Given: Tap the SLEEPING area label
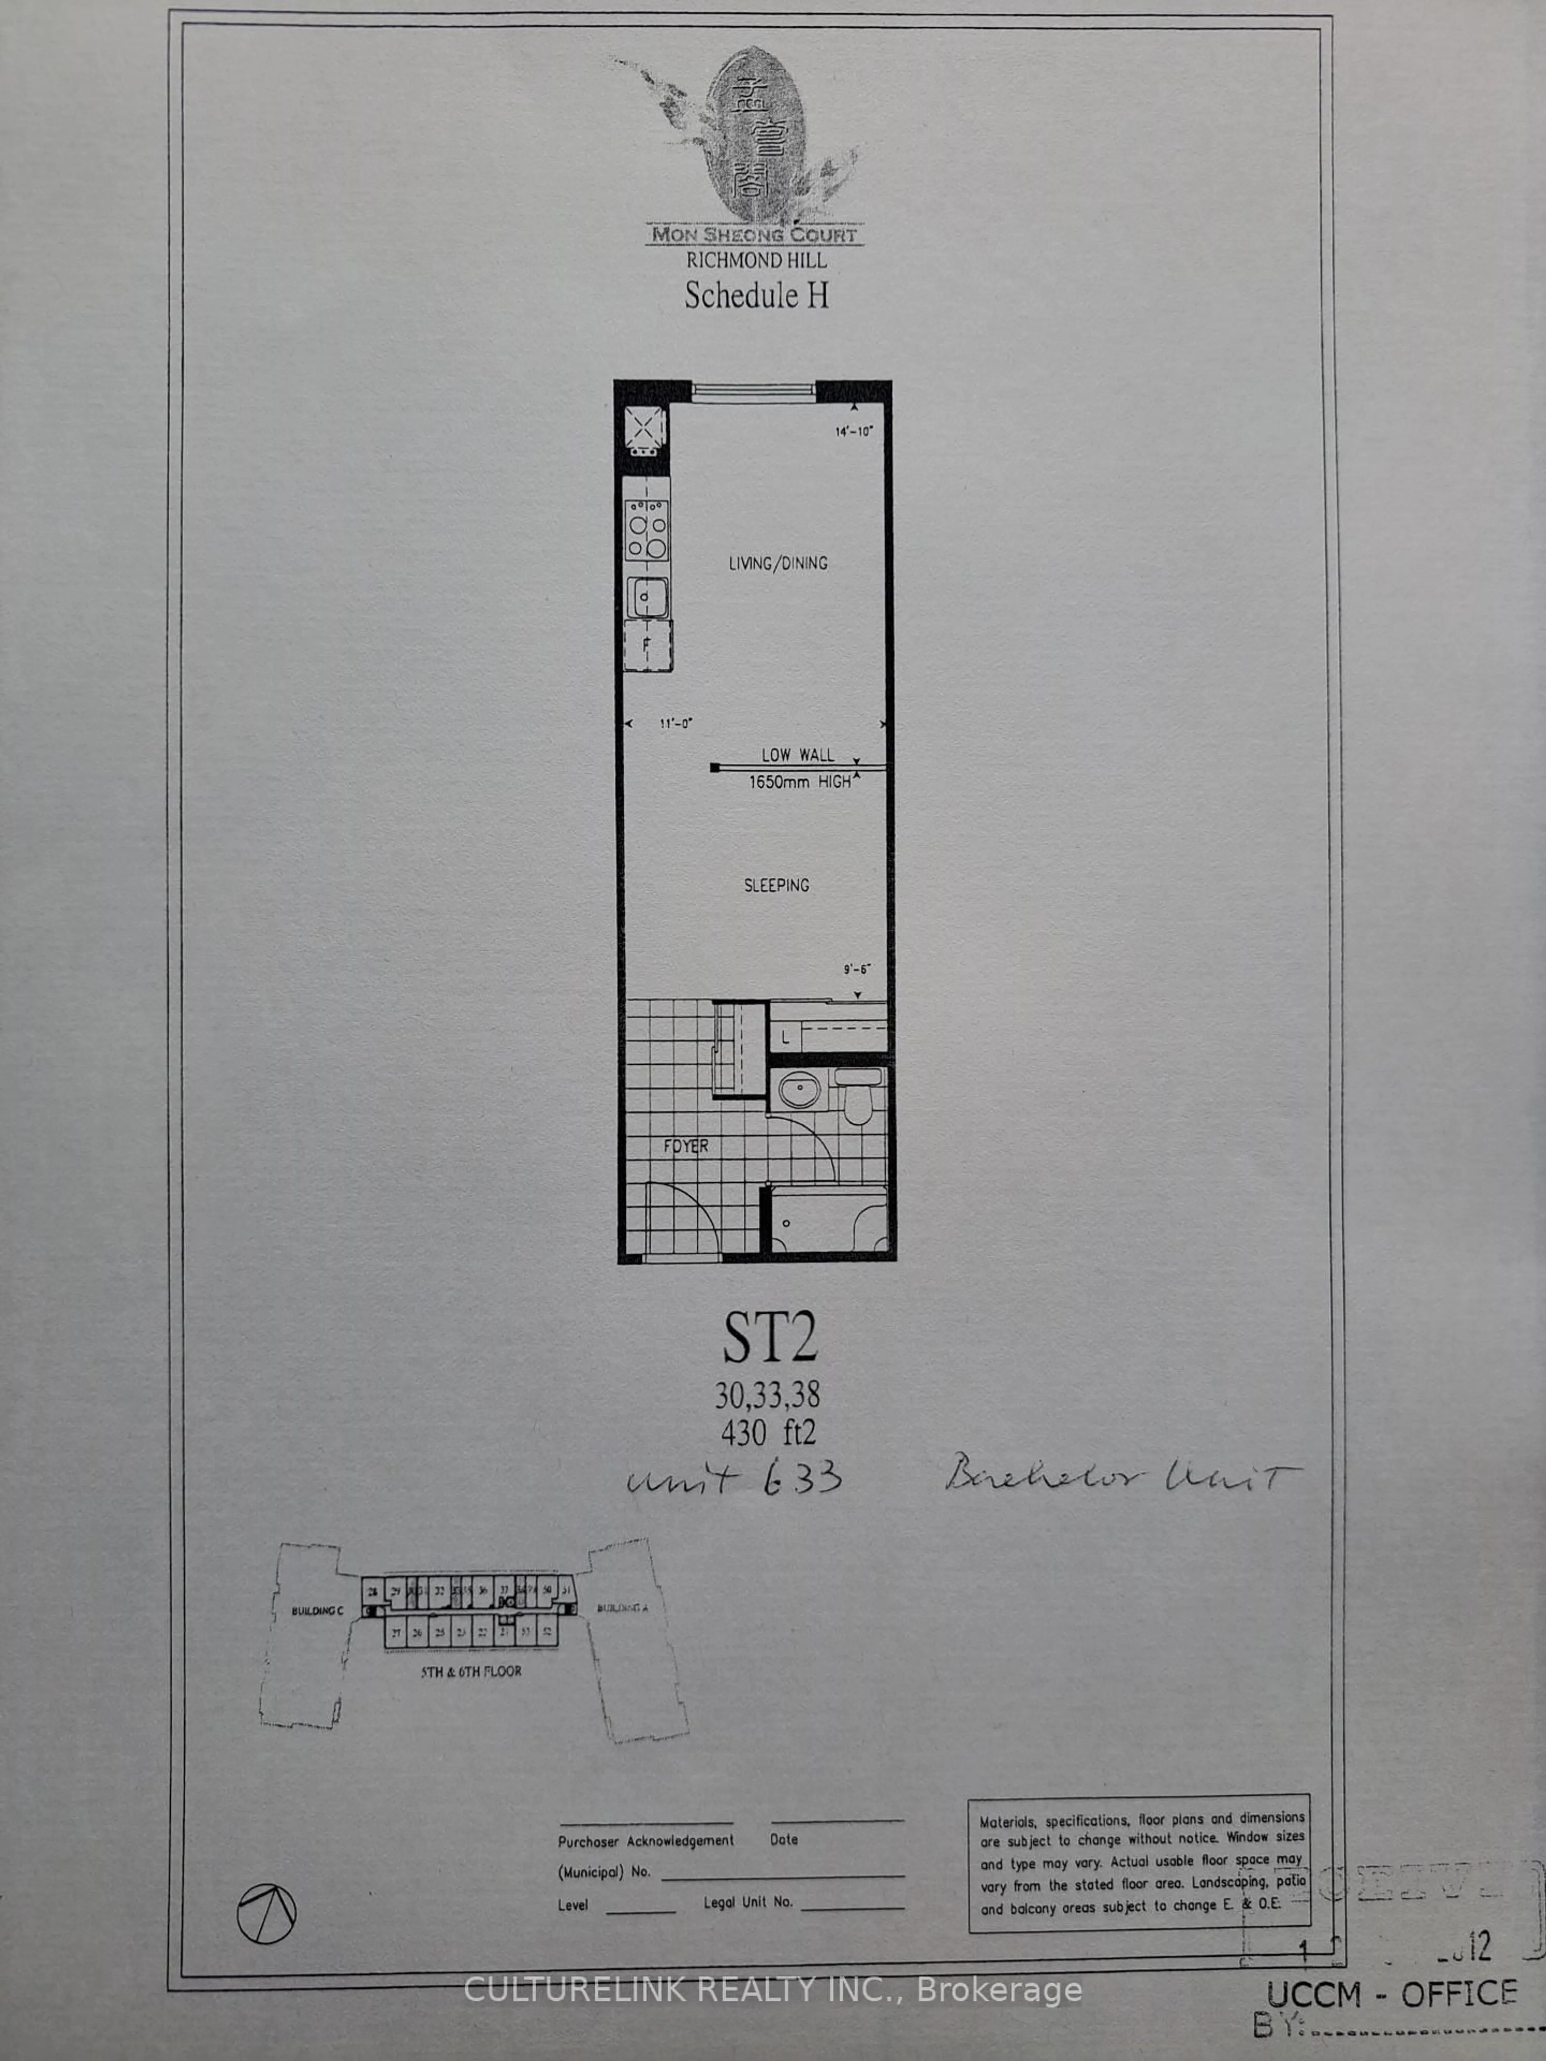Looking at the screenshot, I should pyautogui.click(x=776, y=885).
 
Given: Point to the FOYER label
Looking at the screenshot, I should pyautogui.click(x=686, y=1146).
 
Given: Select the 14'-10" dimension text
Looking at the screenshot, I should pyautogui.click(x=854, y=432).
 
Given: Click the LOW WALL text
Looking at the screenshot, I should pyautogui.click(x=798, y=755).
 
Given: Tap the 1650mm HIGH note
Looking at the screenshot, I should pyautogui.click(x=800, y=783).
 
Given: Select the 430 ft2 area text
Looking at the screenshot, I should pyautogui.click(x=768, y=1432).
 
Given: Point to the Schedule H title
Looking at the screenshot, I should pyautogui.click(x=756, y=295).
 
